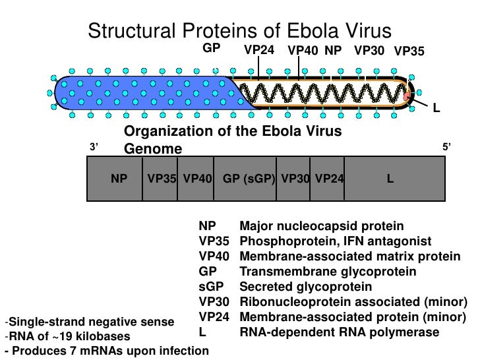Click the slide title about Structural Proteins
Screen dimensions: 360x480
240,31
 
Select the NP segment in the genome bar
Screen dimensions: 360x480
119,177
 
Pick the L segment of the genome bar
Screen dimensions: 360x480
390,177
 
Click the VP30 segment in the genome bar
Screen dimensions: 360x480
294,177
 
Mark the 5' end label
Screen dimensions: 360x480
447,148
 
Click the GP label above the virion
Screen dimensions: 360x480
211,48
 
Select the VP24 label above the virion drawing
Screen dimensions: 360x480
260,50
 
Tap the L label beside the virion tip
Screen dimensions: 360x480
436,107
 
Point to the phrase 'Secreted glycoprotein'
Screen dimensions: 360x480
305,287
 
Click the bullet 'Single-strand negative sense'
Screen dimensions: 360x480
89,322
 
